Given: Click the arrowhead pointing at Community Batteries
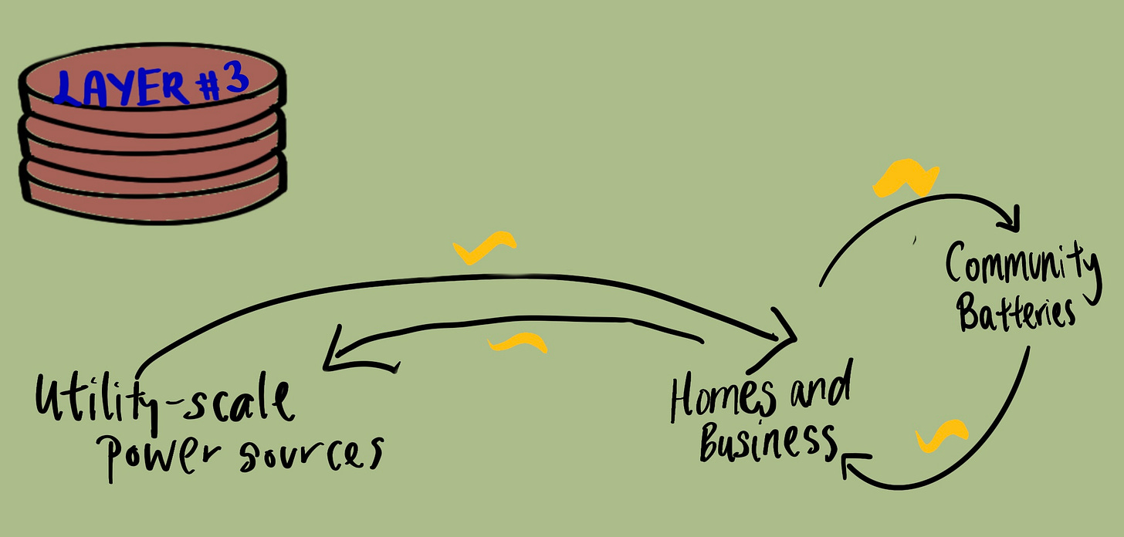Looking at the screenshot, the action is click(x=1013, y=219).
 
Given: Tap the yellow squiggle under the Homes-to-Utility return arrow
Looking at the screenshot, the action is click(x=518, y=343).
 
